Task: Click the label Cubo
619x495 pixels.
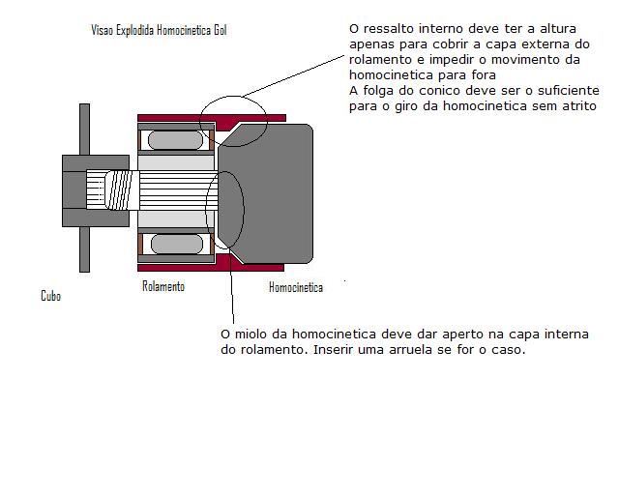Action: [51, 296]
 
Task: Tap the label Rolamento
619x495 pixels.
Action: [163, 286]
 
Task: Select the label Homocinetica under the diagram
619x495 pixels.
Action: [296, 287]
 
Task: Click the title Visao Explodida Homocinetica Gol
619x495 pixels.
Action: [159, 30]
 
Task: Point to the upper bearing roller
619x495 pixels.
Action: [175, 140]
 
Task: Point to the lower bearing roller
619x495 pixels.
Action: [177, 244]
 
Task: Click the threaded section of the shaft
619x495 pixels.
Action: [119, 189]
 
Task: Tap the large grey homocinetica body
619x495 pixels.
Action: [265, 193]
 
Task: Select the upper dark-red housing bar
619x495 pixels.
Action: [212, 118]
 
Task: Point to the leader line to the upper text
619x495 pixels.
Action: [293, 76]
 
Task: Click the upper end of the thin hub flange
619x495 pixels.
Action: [84, 104]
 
